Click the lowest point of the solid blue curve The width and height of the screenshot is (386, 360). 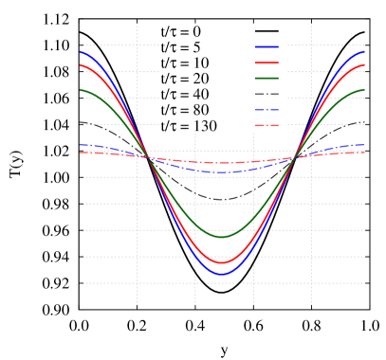tap(222, 274)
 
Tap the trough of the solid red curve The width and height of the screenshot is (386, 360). tap(222, 262)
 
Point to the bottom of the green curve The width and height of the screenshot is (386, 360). tap(222, 237)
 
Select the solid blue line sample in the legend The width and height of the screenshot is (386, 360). tap(267, 46)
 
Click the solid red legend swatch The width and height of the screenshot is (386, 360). tap(267, 63)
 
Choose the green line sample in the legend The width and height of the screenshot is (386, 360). tap(267, 78)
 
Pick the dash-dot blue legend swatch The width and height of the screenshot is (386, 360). tap(267, 110)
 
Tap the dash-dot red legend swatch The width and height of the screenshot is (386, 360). tap(267, 125)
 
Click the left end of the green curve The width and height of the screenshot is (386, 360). tap(81, 90)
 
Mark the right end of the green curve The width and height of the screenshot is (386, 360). tap(364, 90)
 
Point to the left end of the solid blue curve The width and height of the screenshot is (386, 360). tap(81, 52)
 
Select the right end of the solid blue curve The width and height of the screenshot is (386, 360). tap(364, 52)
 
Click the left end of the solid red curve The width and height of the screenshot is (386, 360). tap(81, 65)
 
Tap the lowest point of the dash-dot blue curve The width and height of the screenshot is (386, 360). tap(222, 172)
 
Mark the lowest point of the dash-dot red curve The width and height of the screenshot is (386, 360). tap(222, 163)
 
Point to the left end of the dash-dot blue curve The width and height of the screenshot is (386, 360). tap(81, 145)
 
